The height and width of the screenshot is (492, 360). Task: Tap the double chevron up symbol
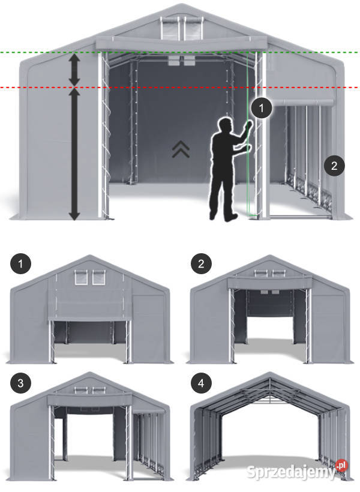[x=181, y=149]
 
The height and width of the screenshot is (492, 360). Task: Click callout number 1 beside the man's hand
[x=262, y=108]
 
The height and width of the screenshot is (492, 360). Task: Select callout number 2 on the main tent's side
[x=334, y=166]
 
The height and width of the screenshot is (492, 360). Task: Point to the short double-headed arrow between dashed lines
[x=74, y=69]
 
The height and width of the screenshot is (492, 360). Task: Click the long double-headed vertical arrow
[x=74, y=154]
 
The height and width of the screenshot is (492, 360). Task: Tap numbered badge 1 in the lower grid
[x=21, y=264]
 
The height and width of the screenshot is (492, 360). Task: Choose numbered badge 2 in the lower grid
[x=201, y=263]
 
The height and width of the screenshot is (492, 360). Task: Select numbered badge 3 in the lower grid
[x=21, y=383]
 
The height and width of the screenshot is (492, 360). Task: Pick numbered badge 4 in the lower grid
[x=201, y=383]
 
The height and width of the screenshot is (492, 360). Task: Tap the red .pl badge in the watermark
[x=341, y=466]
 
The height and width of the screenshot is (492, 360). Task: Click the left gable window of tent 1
[x=80, y=278]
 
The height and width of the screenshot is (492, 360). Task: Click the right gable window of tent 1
[x=98, y=278]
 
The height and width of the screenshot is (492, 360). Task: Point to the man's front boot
[x=231, y=217]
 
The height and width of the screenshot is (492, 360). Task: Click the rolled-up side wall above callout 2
[x=301, y=102]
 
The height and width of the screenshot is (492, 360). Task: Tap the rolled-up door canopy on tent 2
[x=270, y=283]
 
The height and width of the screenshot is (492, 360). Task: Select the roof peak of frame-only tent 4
[x=269, y=374]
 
